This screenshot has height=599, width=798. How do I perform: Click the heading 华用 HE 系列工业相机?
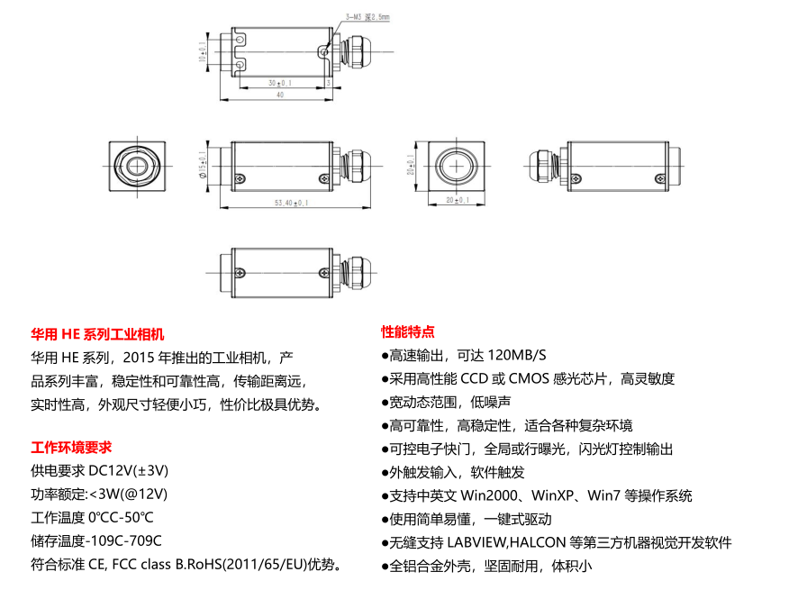97,333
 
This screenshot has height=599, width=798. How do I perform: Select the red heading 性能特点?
408,331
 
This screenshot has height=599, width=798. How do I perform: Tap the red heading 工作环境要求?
71,447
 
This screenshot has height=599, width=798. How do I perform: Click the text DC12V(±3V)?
129,470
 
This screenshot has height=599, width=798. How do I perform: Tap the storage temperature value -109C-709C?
123,541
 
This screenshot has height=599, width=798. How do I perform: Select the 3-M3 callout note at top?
367,16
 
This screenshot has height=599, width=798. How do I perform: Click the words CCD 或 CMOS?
510,378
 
